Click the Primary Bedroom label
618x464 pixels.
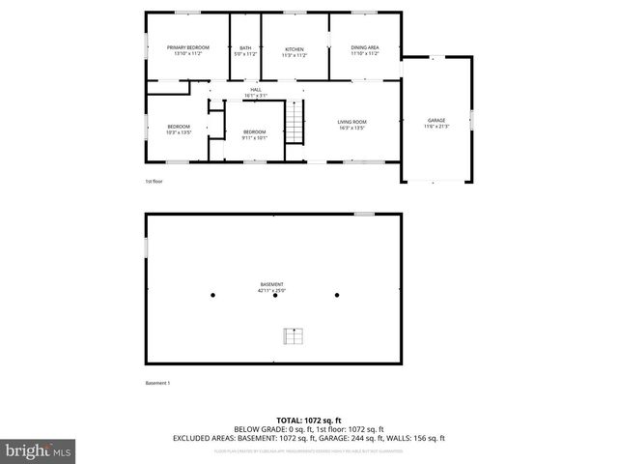click(187, 51)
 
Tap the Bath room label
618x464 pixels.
click(245, 51)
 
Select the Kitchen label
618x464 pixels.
click(295, 51)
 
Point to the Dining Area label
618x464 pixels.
click(364, 51)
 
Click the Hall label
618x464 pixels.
click(256, 93)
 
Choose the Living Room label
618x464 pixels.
click(351, 124)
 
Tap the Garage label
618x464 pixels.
click(436, 124)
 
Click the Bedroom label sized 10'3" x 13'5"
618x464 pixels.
click(179, 130)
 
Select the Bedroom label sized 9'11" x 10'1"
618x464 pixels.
click(254, 133)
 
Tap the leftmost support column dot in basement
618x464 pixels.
click(213, 295)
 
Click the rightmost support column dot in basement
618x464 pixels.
click(337, 295)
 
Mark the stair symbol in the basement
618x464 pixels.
click(293, 335)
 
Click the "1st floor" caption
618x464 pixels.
click(154, 181)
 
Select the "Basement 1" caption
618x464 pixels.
click(157, 383)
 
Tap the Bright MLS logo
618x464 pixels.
click(39, 449)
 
